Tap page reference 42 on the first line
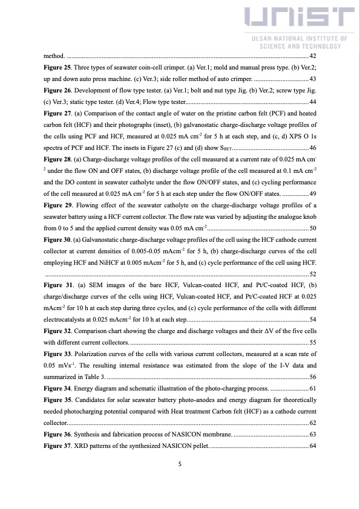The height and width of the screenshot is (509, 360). point(312,56)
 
